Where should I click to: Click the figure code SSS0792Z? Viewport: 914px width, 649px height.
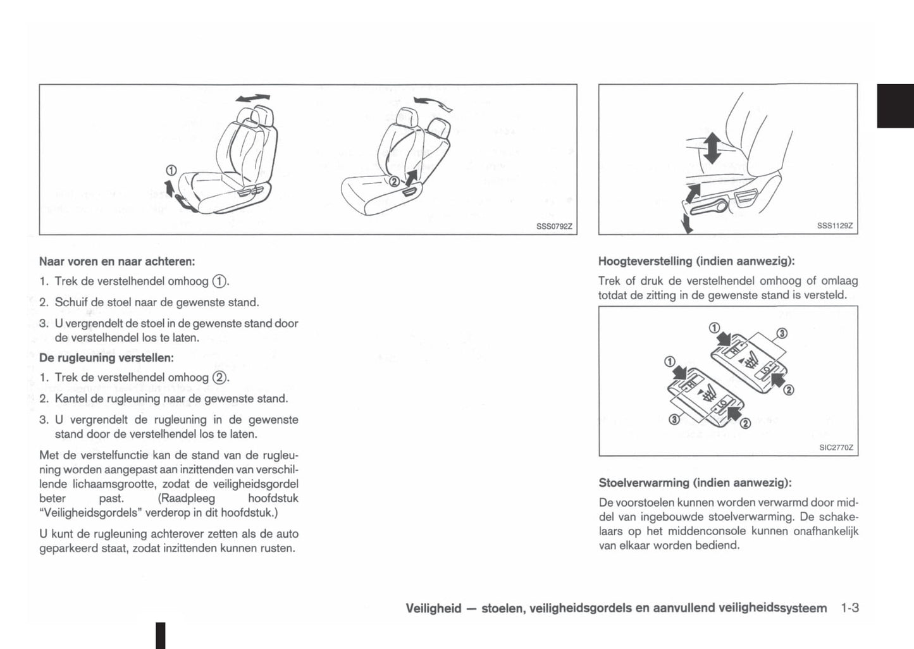pos(553,226)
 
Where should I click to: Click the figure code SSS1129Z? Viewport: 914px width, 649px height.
pos(835,226)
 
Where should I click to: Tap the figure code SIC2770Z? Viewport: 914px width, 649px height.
pos(836,447)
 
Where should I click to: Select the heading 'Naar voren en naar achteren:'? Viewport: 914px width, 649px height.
pos(117,261)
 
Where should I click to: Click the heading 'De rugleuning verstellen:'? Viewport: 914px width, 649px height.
pos(106,357)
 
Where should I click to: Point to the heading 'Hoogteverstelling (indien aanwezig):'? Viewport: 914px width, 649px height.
pos(696,261)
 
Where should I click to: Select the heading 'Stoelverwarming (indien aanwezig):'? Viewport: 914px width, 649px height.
pos(695,483)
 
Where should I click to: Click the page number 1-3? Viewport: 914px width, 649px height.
pos(849,608)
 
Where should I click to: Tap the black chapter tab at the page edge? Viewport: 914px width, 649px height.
pos(895,106)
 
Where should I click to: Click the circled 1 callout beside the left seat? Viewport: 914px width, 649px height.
pos(171,170)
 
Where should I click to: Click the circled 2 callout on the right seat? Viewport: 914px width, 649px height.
pos(393,182)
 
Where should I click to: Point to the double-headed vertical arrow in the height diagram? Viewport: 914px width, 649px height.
pos(712,147)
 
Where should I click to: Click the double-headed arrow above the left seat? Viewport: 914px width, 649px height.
pos(252,98)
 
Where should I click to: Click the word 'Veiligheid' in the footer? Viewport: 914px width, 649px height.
pos(433,609)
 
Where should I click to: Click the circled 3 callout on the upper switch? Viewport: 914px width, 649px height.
pos(782,333)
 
